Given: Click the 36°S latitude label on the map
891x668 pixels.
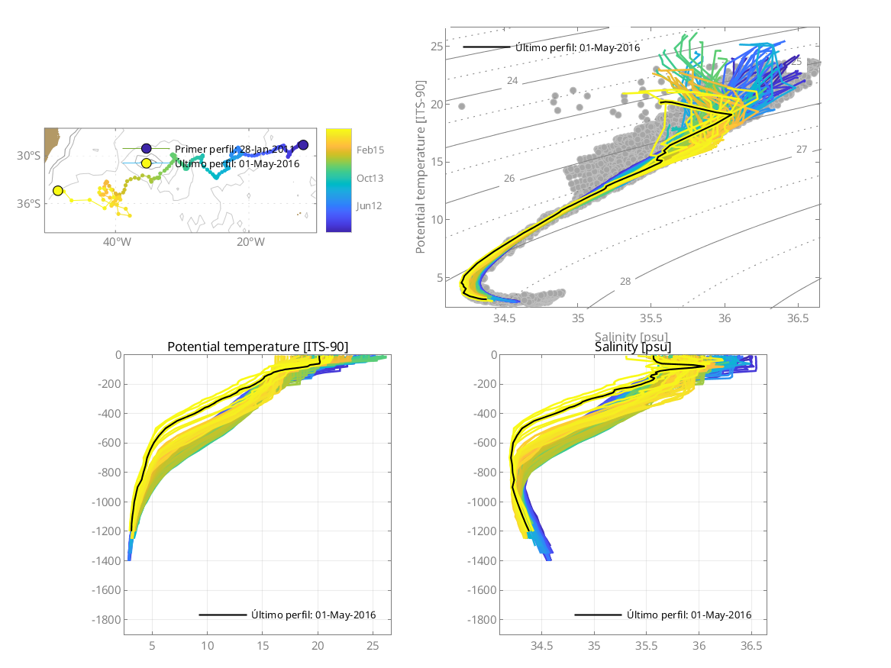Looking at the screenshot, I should click(x=30, y=203).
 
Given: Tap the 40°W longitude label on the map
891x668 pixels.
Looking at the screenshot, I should click(x=117, y=242).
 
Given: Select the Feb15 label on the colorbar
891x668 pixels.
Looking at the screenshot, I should click(x=370, y=150).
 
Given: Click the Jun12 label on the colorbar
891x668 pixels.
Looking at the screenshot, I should click(x=370, y=205).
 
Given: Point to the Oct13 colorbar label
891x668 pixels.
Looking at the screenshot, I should click(x=370, y=178).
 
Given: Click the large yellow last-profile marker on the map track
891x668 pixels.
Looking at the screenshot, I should click(x=58, y=190).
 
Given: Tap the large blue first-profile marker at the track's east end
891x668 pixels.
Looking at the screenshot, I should click(x=303, y=145).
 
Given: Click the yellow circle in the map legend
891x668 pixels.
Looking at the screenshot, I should click(x=146, y=163).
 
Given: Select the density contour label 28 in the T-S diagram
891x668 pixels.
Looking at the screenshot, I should click(x=625, y=282).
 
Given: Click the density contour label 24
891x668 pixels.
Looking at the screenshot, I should click(x=512, y=81).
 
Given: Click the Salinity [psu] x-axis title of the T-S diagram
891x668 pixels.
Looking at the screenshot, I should click(x=632, y=335).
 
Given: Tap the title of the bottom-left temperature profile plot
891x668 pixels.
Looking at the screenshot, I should click(x=257, y=347).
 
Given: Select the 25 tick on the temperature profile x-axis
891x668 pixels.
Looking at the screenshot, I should click(x=373, y=646).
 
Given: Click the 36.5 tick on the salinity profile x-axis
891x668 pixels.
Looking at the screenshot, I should click(x=751, y=646).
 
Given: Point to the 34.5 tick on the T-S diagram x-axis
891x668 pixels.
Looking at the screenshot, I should click(x=505, y=317).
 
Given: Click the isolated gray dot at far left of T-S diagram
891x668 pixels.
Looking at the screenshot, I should click(x=461, y=106).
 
